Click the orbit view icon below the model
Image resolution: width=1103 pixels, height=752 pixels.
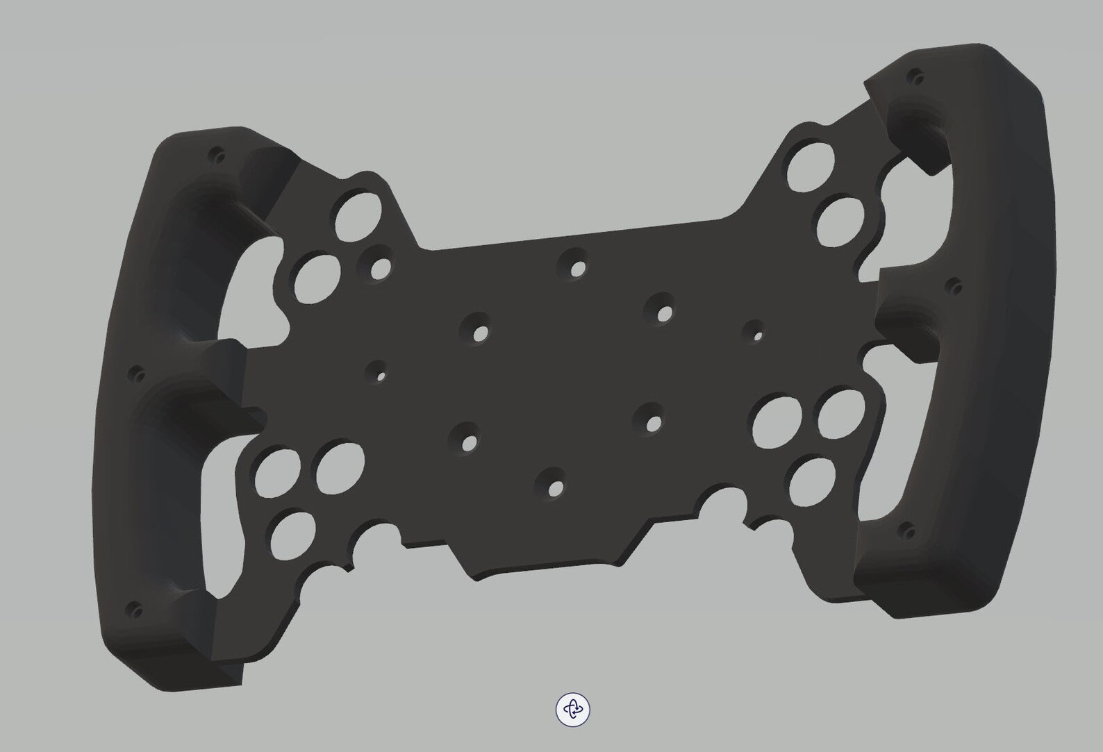[x=572, y=709]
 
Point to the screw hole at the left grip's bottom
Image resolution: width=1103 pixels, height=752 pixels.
[x=135, y=611]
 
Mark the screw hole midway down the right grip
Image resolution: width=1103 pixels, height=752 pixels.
[x=955, y=285]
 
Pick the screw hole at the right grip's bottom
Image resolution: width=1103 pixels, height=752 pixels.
[x=906, y=531]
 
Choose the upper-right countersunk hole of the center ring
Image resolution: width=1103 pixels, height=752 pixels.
[x=663, y=312]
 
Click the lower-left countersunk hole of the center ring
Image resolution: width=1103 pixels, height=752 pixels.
[x=469, y=440]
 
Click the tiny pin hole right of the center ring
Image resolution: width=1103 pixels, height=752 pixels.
[x=756, y=335]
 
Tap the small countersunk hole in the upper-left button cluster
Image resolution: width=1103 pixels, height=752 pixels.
[x=379, y=268]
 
